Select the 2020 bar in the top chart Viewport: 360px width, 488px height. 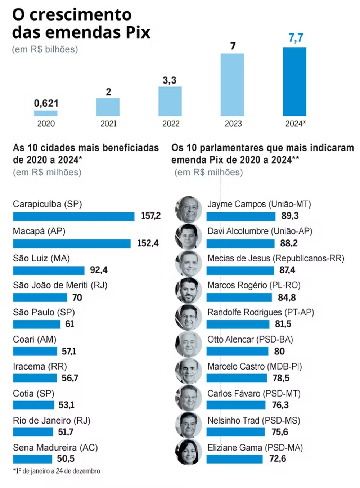click(x=46, y=113)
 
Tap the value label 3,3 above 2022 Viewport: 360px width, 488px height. click(x=170, y=80)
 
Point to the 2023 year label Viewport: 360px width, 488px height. click(x=233, y=124)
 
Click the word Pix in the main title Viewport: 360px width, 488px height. click(x=138, y=32)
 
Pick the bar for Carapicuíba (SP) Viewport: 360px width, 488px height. click(x=73, y=216)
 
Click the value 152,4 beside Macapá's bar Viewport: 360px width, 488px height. click(x=148, y=243)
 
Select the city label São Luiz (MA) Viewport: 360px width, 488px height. click(x=41, y=258)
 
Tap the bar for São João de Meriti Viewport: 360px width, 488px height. click(x=40, y=297)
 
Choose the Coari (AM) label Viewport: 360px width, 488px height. click(x=35, y=339)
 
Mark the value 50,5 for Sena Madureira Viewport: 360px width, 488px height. click(x=66, y=459)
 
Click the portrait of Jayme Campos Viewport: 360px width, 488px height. click(x=189, y=209)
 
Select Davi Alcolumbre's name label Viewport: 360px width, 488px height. click(x=260, y=231)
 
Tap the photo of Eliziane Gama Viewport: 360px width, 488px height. click(x=189, y=452)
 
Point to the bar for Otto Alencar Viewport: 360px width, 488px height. click(x=237, y=351)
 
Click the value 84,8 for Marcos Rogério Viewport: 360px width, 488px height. click(x=287, y=297)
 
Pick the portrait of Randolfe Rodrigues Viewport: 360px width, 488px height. click(x=189, y=317)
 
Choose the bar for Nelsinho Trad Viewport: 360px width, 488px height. click(x=235, y=432)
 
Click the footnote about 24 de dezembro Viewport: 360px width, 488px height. click(x=57, y=471)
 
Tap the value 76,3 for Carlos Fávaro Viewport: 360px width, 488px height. click(x=280, y=405)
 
